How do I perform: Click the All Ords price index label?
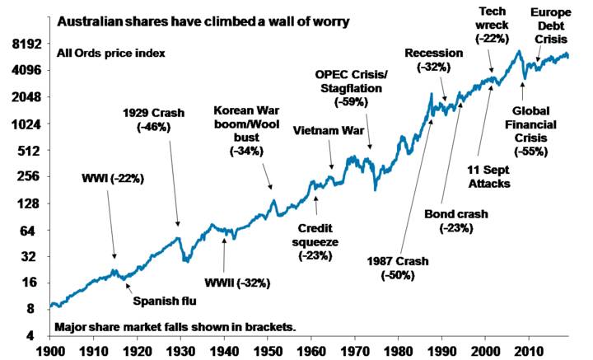coord(111,54)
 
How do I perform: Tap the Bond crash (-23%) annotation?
coord(456,220)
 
